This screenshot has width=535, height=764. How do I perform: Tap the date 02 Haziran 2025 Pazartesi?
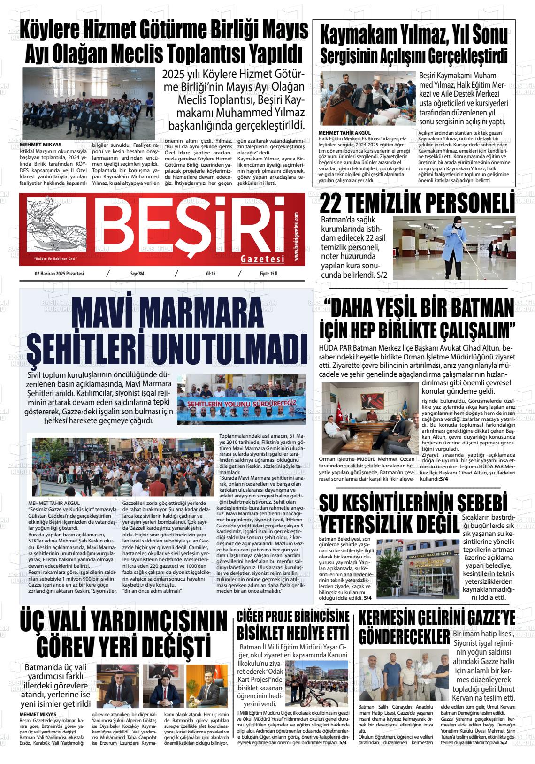click(x=59, y=274)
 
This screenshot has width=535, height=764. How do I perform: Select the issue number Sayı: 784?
click(x=137, y=274)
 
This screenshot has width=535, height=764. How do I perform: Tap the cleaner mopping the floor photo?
click(x=454, y=247)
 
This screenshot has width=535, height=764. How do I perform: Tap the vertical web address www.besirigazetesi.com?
click(x=297, y=237)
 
